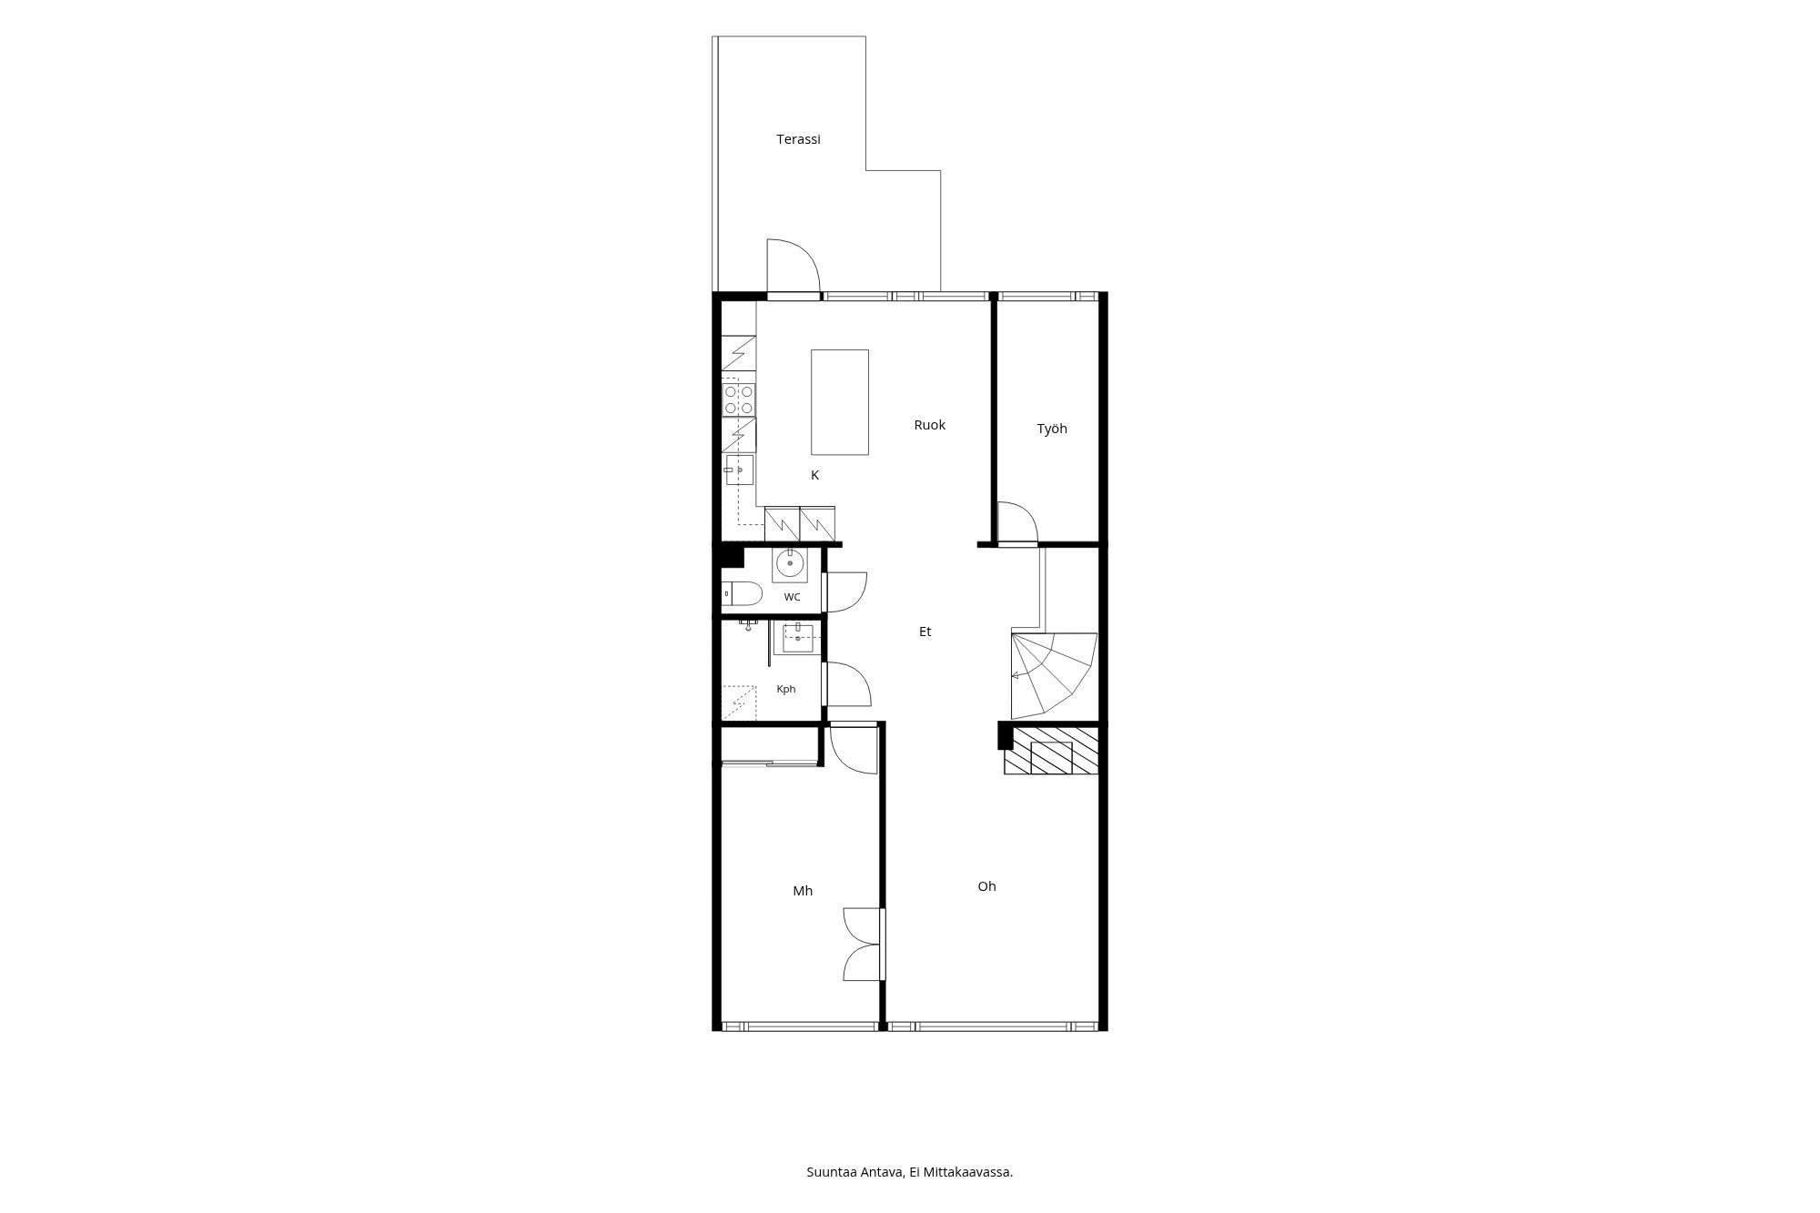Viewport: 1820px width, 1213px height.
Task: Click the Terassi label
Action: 798,139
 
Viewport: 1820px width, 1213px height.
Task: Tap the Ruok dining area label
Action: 930,425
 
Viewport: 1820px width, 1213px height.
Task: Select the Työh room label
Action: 1052,429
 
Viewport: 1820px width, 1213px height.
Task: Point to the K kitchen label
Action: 815,475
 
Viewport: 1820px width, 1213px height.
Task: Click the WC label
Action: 793,598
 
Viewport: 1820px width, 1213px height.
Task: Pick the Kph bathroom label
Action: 786,690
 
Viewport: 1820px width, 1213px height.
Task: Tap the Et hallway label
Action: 925,632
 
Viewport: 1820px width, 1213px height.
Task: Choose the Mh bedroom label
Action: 803,891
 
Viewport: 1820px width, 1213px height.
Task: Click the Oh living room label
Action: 987,886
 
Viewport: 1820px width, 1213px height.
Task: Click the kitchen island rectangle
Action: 840,402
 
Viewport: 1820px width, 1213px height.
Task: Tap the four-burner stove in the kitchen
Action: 738,399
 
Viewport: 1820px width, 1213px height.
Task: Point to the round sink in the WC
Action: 790,565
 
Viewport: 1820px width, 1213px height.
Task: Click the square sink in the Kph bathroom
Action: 798,638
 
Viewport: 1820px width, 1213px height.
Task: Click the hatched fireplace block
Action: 1051,752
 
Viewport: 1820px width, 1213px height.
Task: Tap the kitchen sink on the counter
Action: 739,470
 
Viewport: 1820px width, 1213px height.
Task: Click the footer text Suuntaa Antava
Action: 854,1172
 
